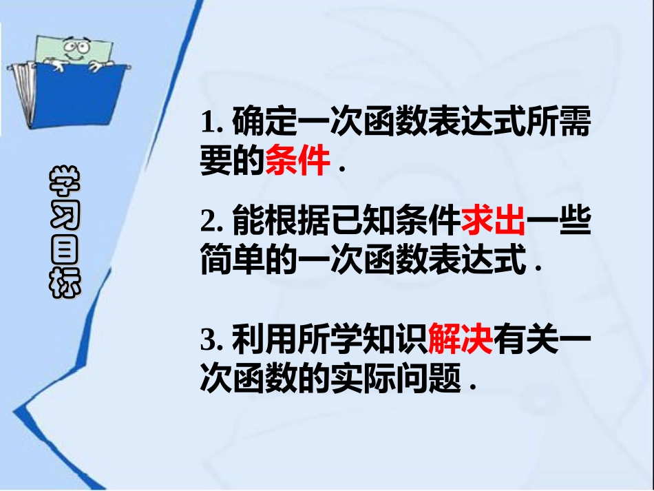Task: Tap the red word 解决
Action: pos(460,339)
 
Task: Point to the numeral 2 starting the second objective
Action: pos(209,222)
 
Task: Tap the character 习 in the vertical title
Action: pos(65,217)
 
